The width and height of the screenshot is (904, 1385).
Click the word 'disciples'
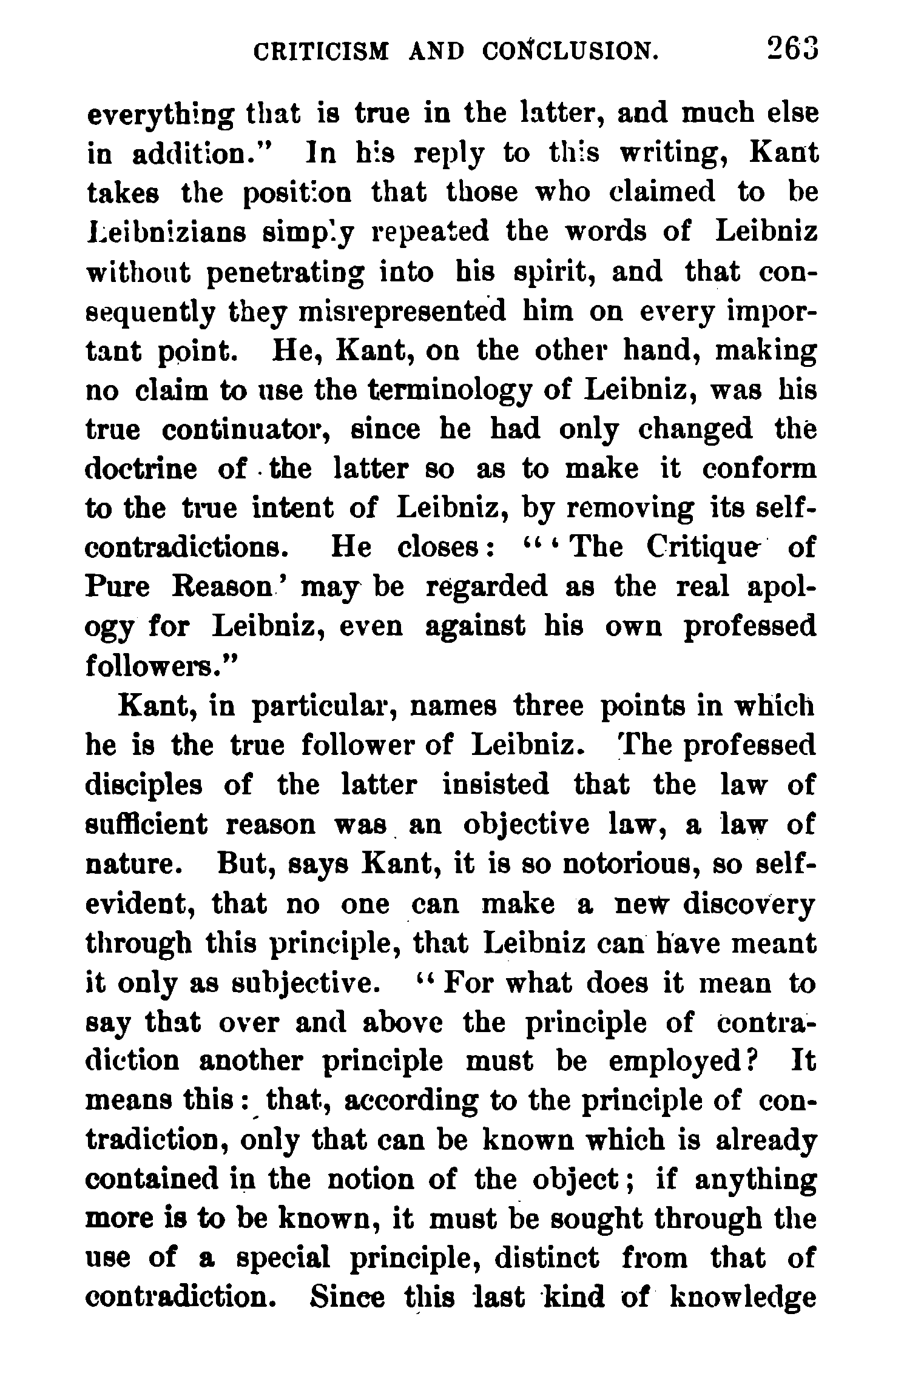tap(144, 786)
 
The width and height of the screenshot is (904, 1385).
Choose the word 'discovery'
tap(749, 904)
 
